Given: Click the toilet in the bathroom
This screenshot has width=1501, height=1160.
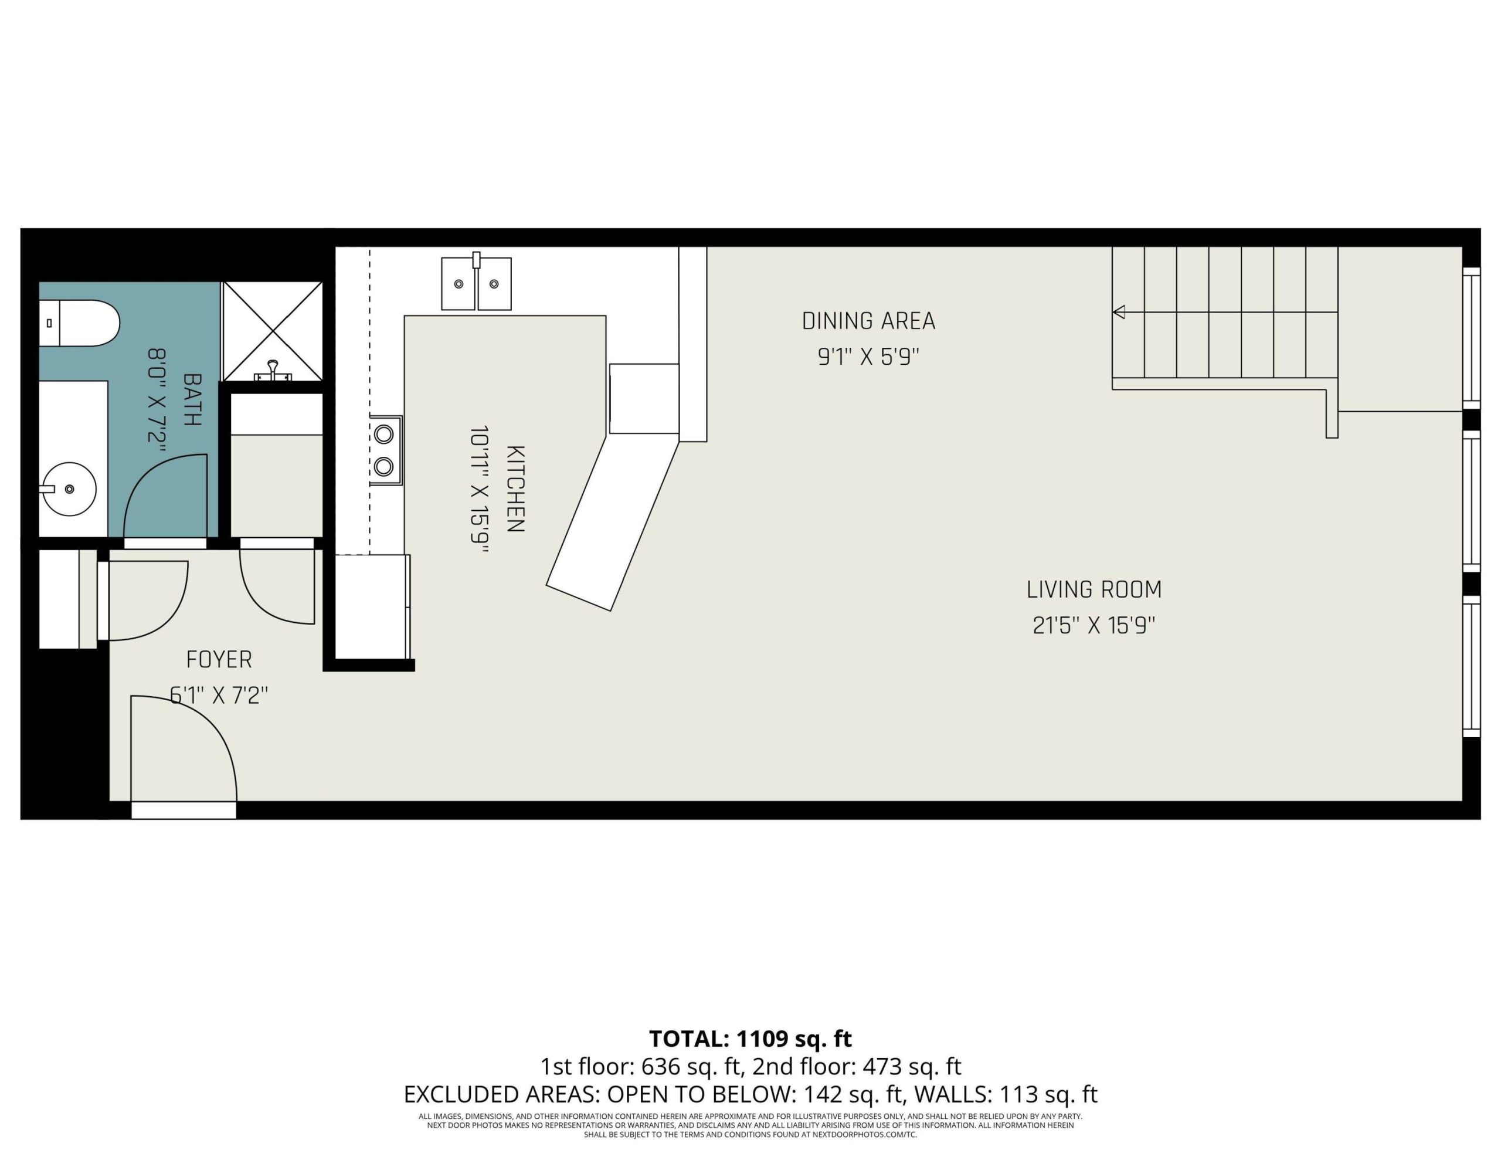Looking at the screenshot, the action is pyautogui.click(x=79, y=323).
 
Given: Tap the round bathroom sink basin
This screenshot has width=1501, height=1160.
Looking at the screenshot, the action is pyautogui.click(x=69, y=489).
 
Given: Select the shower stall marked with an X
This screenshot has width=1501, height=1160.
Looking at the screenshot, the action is pyautogui.click(x=273, y=331).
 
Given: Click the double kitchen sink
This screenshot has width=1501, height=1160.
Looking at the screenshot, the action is pyautogui.click(x=476, y=283).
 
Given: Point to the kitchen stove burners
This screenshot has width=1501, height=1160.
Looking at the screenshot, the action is pyautogui.click(x=385, y=450).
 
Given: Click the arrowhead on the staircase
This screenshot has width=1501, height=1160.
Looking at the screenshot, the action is pyautogui.click(x=1119, y=312).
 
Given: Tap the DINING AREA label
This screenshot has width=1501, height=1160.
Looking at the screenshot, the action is pyautogui.click(x=869, y=321).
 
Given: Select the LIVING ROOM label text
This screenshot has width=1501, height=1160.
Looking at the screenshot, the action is pyautogui.click(x=1094, y=589).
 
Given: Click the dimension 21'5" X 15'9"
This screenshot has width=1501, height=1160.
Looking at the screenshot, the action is pyautogui.click(x=1094, y=625).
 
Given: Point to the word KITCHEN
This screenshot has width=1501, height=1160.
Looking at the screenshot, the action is pyautogui.click(x=515, y=489).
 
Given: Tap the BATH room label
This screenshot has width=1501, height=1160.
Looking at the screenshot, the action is pyautogui.click(x=192, y=399).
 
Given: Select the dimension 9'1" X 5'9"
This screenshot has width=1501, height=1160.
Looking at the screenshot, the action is pyautogui.click(x=869, y=357).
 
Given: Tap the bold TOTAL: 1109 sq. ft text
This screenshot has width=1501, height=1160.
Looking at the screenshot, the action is pyautogui.click(x=750, y=1038).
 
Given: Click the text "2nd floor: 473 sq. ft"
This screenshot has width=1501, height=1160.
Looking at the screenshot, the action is pyautogui.click(x=857, y=1067).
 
